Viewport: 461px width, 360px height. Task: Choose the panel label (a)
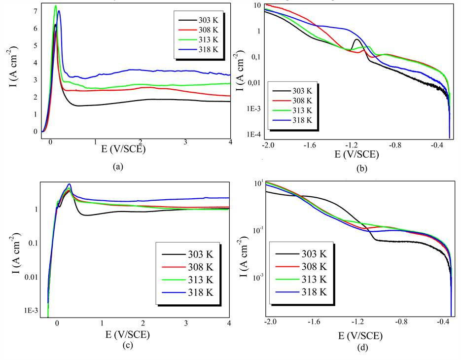coord(117,167)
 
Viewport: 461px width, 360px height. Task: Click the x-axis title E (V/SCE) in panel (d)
coord(359,336)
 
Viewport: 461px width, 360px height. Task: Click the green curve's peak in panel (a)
coord(56,6)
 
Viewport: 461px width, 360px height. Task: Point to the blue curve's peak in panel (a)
coord(59,11)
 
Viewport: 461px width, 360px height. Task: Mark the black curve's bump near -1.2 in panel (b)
coord(356,39)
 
